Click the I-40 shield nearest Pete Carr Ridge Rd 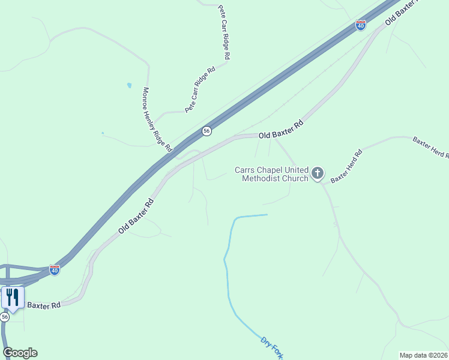[x=360, y=25]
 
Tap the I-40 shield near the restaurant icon [x=55, y=270]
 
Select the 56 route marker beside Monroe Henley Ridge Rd [x=206, y=131]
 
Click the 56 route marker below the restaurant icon [x=5, y=317]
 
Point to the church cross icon [x=318, y=174]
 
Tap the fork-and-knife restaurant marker [x=13, y=297]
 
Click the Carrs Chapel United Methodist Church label [x=275, y=173]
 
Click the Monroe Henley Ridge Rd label [x=157, y=119]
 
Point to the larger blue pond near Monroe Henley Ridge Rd [x=129, y=86]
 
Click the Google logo [x=20, y=353]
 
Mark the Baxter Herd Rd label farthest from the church [x=430, y=148]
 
